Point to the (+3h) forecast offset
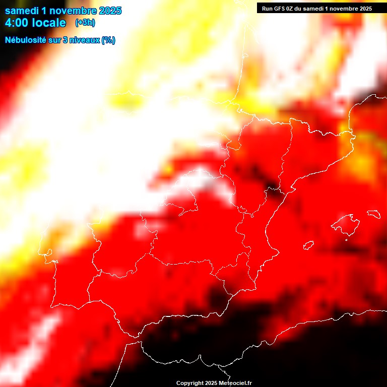pos(85,23)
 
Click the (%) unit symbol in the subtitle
pos(108,40)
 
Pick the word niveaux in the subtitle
pos(85,40)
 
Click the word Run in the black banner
pos(268,9)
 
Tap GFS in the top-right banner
pos(280,9)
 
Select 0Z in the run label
pos(291,9)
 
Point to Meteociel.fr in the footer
pos(235,383)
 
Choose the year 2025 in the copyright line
pos(210,383)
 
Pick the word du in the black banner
pos(302,9)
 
